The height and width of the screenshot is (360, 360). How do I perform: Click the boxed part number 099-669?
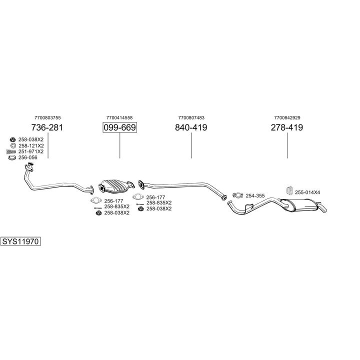click(x=119, y=127)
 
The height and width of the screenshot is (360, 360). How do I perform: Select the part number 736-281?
click(x=47, y=127)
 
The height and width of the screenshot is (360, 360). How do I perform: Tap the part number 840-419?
click(x=191, y=127)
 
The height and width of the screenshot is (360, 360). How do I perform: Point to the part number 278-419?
click(x=287, y=127)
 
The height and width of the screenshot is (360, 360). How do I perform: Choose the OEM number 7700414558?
click(x=119, y=117)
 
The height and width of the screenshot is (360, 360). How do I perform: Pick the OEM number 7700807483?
click(x=191, y=117)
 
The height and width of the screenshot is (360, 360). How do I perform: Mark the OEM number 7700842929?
click(x=287, y=117)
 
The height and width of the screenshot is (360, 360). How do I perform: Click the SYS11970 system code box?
click(x=20, y=241)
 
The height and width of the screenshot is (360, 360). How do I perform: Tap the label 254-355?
click(x=255, y=195)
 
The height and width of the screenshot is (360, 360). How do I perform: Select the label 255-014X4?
click(x=307, y=192)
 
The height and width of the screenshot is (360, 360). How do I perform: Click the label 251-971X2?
click(x=31, y=151)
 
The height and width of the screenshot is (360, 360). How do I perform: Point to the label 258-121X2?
click(x=31, y=145)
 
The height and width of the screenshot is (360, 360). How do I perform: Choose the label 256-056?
click(x=28, y=157)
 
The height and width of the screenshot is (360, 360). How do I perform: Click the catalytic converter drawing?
click(x=116, y=184)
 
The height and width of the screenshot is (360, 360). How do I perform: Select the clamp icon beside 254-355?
click(x=237, y=195)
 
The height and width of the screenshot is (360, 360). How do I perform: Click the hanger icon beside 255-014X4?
click(x=288, y=190)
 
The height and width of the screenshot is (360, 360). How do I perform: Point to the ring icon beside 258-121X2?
click(x=12, y=145)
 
